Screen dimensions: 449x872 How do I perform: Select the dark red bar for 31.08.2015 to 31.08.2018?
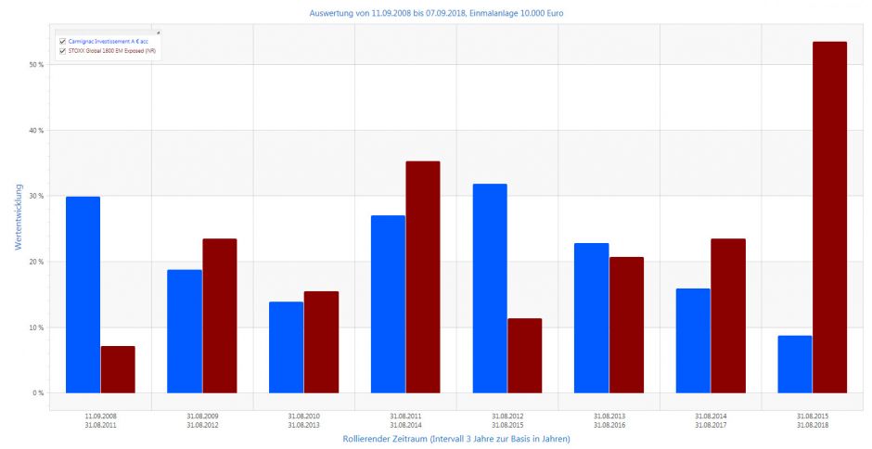click(829, 217)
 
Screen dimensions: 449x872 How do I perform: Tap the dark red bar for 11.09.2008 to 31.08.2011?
click(118, 369)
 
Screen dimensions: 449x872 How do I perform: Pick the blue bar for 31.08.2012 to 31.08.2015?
click(490, 289)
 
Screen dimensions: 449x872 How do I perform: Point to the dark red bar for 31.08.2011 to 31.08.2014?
click(422, 277)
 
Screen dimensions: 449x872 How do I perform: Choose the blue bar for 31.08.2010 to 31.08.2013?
click(286, 347)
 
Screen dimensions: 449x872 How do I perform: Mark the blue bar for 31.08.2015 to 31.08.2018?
click(795, 364)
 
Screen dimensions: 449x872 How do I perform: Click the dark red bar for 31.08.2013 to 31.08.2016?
click(626, 325)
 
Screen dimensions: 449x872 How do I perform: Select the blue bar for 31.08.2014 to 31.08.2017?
click(693, 340)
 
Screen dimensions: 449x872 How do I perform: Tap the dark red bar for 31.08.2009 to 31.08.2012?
click(220, 315)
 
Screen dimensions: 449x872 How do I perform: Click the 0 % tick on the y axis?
click(37, 393)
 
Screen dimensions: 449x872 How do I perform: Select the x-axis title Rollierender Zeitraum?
click(455, 439)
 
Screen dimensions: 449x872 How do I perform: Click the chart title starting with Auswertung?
click(436, 14)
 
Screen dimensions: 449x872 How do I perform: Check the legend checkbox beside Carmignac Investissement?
click(62, 42)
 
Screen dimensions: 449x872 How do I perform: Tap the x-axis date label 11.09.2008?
click(100, 416)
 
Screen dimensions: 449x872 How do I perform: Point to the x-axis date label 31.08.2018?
click(812, 425)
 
